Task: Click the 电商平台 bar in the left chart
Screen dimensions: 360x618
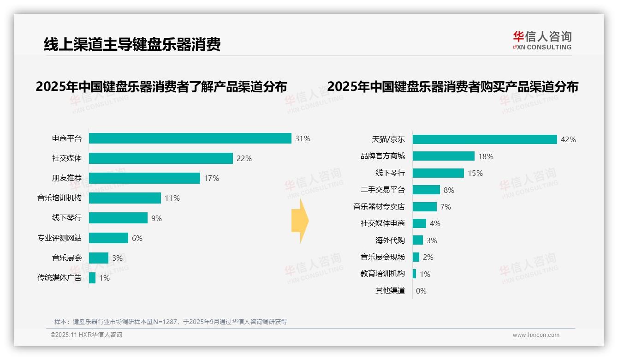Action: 190,138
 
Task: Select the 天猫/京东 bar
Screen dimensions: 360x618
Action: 485,139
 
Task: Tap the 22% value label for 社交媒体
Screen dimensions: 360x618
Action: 244,158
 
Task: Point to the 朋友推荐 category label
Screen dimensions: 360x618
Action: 66,178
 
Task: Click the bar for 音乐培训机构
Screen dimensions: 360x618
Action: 125,198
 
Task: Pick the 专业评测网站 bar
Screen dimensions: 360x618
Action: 108,238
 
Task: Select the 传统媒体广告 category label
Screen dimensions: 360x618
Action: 59,278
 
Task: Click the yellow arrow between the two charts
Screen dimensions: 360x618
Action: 300,221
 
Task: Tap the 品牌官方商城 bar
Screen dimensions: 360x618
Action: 443,156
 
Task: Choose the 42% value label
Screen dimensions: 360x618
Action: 568,139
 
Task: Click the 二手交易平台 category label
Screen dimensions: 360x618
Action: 383,190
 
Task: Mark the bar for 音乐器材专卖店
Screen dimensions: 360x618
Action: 424,207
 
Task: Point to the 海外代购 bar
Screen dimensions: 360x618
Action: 417,240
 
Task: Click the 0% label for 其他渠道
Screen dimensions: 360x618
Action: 421,291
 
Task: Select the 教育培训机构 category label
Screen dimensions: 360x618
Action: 383,274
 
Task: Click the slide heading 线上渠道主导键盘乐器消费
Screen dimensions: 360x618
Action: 132,44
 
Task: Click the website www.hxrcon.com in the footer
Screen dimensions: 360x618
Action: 536,335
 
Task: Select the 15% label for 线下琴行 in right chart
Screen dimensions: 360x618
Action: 475,173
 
